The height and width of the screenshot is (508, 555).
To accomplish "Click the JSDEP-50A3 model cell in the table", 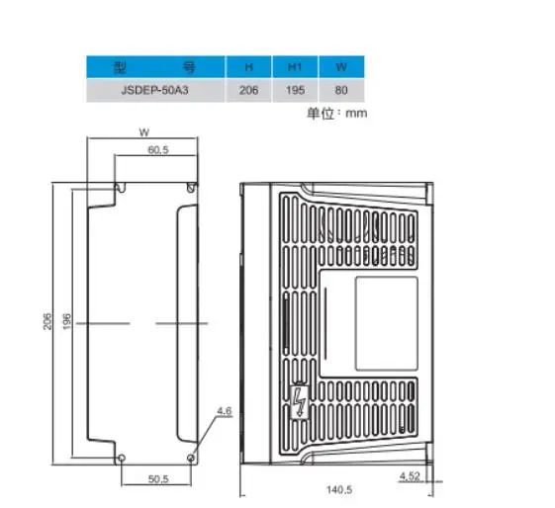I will [154, 90].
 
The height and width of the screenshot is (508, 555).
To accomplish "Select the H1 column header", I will [294, 68].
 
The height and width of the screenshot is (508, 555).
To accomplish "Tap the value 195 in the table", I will [294, 90].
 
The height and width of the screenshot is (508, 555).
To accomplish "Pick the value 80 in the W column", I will [340, 90].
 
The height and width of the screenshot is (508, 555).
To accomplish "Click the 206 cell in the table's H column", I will [248, 90].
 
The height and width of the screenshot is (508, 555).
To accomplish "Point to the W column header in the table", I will [340, 68].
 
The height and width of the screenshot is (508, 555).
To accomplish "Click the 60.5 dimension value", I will [157, 150].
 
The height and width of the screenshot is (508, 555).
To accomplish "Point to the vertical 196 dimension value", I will [67, 322].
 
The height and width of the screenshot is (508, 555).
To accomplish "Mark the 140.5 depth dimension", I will [338, 489].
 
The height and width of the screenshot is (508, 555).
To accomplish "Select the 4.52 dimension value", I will [408, 476].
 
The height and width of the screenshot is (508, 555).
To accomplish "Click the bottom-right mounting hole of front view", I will [192, 458].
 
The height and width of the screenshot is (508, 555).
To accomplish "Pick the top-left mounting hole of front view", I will [121, 187].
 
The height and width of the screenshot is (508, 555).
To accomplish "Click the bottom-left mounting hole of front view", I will [121, 458].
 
